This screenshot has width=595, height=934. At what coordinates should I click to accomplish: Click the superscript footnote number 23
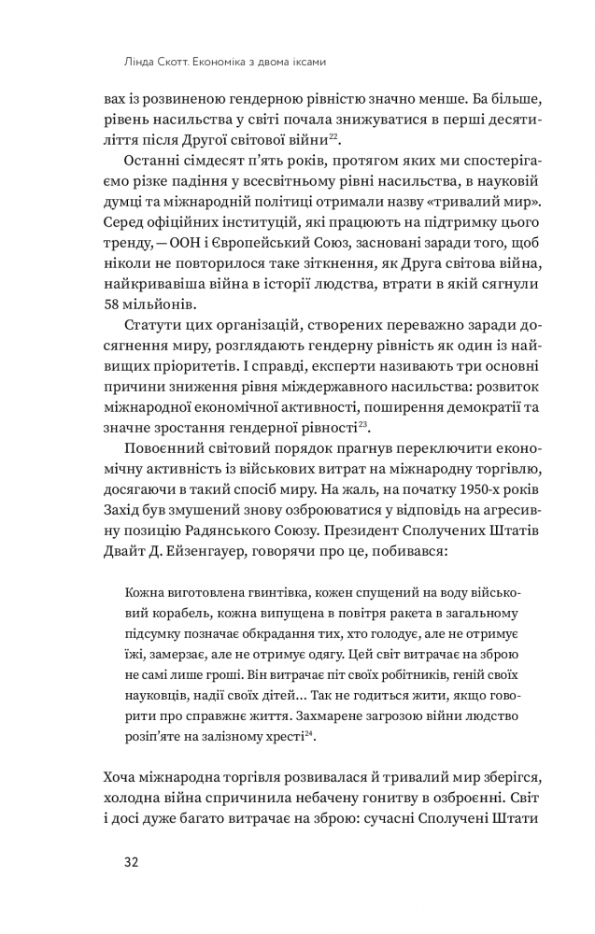click(x=364, y=423)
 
